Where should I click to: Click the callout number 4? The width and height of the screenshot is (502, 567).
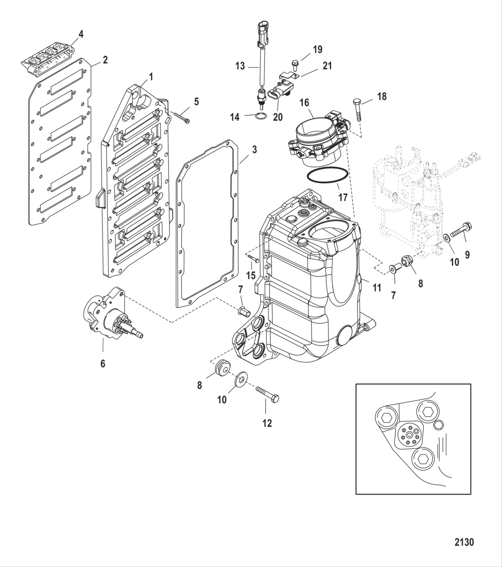pos(81,34)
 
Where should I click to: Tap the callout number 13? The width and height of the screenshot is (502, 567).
pos(240,66)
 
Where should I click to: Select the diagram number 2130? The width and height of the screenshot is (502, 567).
pos(464,542)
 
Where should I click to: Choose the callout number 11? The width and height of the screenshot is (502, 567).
pos(376,288)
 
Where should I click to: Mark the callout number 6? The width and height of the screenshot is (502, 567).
pos(103,363)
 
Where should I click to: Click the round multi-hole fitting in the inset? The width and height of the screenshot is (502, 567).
pos(408,435)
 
